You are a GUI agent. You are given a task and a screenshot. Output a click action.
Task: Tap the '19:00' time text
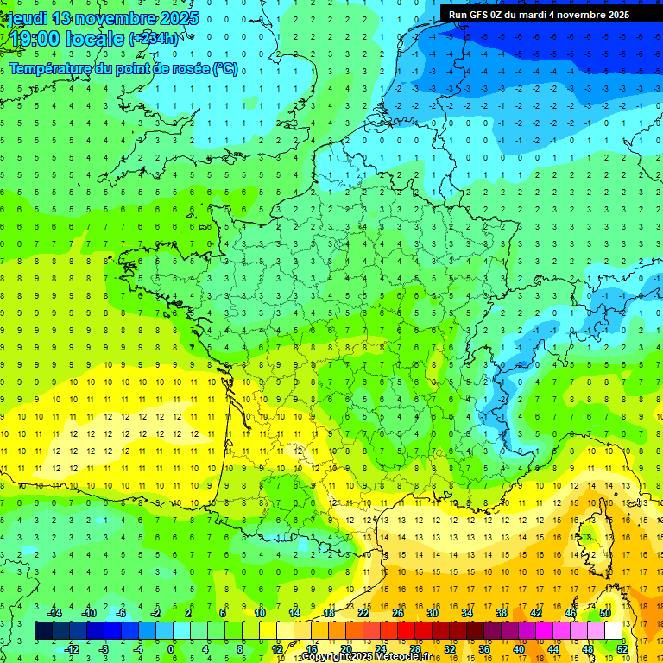click(x=32, y=38)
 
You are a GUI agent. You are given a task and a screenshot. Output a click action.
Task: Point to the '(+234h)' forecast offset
click(x=154, y=38)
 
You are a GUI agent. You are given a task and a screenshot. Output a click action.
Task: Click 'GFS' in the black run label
click(x=483, y=15)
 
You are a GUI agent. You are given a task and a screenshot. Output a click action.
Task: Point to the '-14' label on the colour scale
click(x=54, y=613)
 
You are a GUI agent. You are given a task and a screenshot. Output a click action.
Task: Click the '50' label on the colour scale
click(x=604, y=613)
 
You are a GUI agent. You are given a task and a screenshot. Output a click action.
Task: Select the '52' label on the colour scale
click(x=622, y=648)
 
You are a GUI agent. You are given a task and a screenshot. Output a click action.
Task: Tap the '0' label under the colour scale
click(x=171, y=648)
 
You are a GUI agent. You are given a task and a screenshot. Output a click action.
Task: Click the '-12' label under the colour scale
click(x=73, y=648)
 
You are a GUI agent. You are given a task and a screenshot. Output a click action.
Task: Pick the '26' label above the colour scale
click(x=398, y=613)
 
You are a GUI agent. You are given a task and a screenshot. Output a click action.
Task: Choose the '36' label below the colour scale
click(x=483, y=648)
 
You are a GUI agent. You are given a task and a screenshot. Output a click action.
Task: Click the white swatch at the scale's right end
click(x=613, y=631)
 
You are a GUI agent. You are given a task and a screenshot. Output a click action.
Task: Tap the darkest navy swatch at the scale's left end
click(x=44, y=631)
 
